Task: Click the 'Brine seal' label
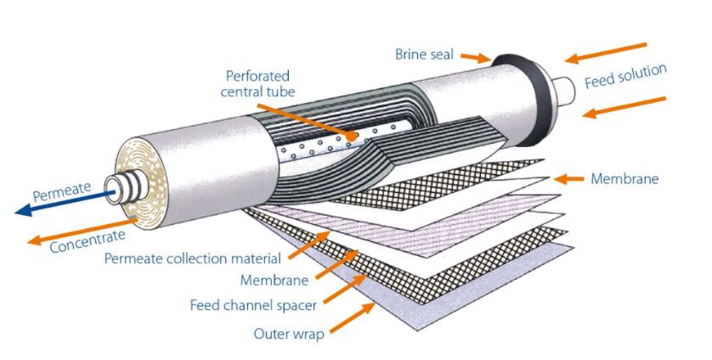424,54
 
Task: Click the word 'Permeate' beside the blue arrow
61,190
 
